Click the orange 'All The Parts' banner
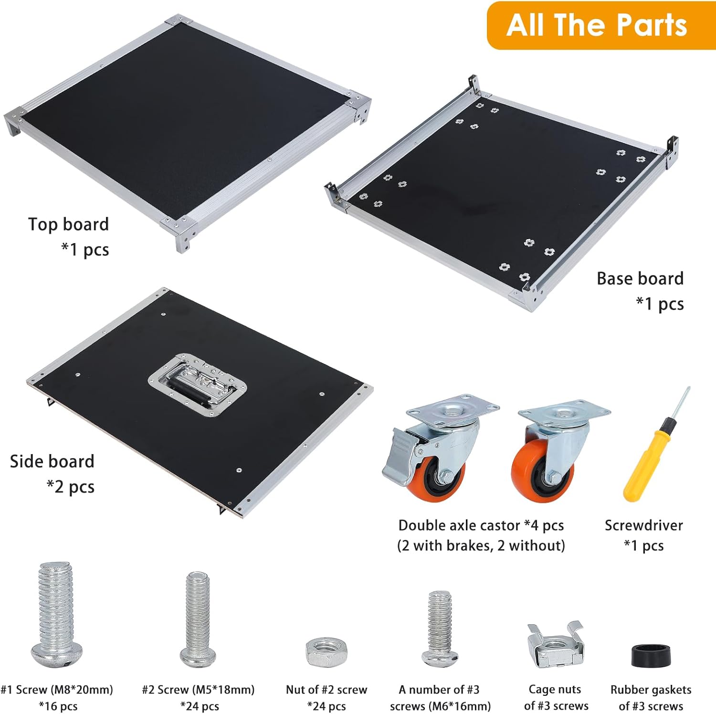[x=601, y=25]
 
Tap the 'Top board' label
[x=69, y=224]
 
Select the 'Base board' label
[x=640, y=278]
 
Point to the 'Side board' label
[x=52, y=461]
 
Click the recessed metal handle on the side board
[x=198, y=384]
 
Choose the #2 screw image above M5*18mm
[x=198, y=619]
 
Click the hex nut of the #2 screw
[x=326, y=651]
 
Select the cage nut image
[x=556, y=645]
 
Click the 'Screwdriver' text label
[x=643, y=525]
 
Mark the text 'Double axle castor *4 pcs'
[x=481, y=525]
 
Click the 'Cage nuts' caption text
[x=555, y=689]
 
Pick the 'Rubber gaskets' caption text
[x=651, y=690]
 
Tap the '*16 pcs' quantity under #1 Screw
[x=58, y=706]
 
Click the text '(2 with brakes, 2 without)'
[x=481, y=545]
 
